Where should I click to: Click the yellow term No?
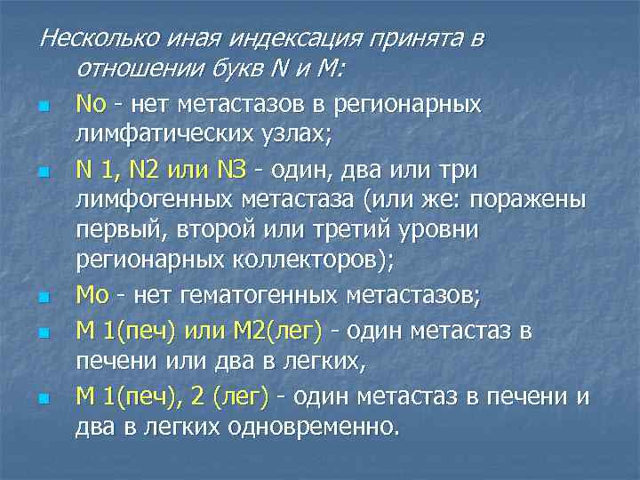tap(92, 105)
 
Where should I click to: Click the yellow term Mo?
tap(92, 292)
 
